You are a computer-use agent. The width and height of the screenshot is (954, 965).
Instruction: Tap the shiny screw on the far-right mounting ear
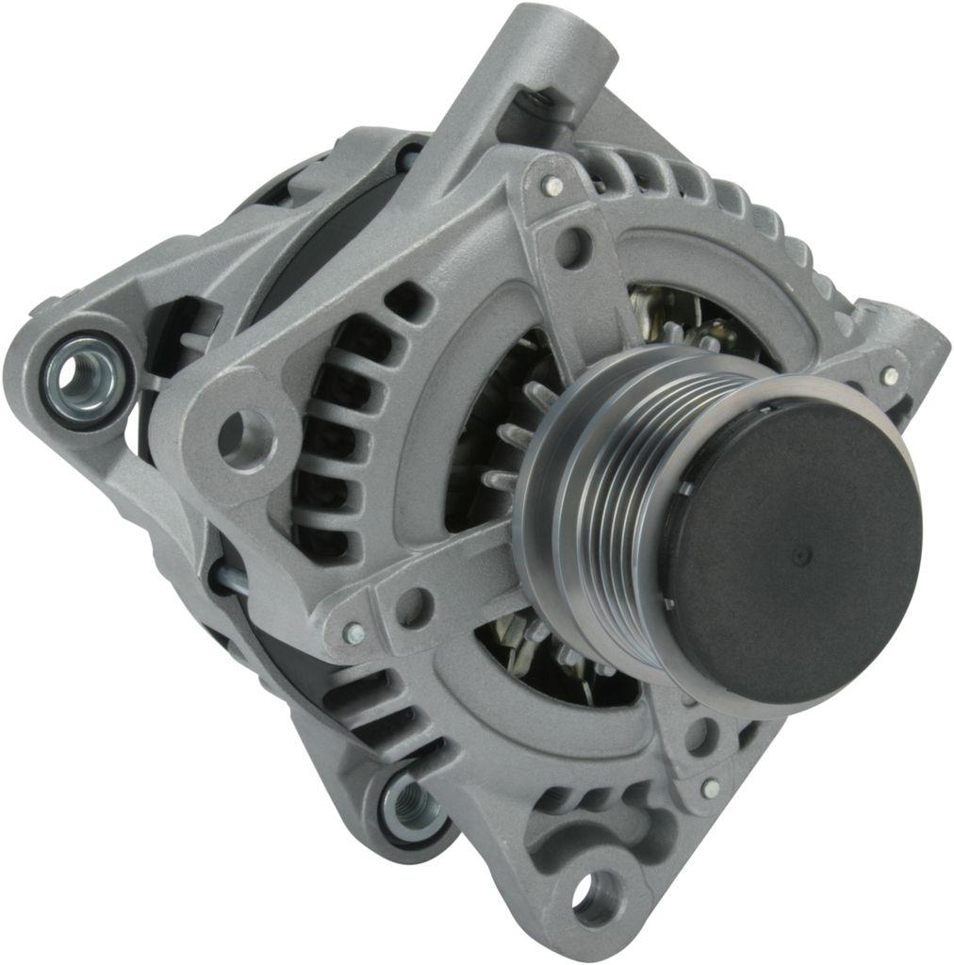(889, 375)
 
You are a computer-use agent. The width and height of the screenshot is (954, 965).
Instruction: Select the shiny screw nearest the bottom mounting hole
(710, 787)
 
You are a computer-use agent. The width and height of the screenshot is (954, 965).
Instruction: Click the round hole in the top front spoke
(571, 247)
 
